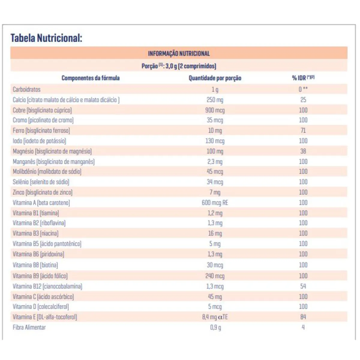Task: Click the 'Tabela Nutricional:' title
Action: pos(46,38)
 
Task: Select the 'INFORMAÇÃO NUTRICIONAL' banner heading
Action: pos(179,54)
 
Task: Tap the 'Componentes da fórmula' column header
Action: pos(91,78)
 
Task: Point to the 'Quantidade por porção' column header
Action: pos(215,78)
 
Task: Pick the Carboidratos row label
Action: pos(26,89)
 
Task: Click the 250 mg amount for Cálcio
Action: pos(215,100)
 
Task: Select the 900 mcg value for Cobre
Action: pos(215,110)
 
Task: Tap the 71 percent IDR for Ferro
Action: pos(303,130)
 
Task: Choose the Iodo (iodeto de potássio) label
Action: pos(39,141)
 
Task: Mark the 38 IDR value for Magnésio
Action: pos(303,151)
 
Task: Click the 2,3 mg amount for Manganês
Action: pos(215,162)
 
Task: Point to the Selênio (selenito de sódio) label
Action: pos(41,182)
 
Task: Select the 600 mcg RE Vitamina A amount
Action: pos(215,202)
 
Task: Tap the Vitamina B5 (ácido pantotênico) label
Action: pos(47,244)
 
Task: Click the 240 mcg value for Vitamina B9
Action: pos(215,276)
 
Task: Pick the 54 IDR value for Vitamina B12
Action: pos(303,286)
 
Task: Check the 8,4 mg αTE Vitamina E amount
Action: pos(215,317)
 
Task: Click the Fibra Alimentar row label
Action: pos(29,327)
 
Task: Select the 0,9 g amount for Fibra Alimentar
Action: pos(215,328)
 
